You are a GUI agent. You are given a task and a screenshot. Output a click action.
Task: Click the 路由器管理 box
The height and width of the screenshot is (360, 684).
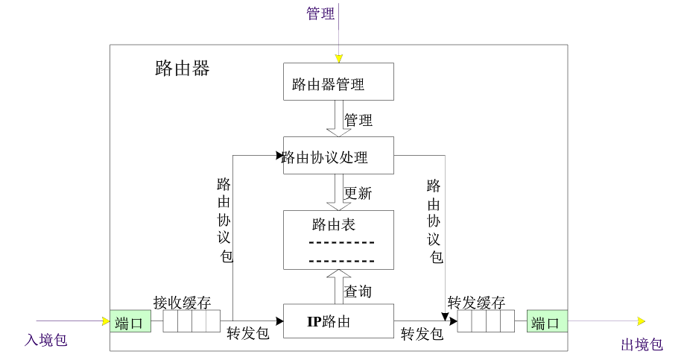pos(338,81)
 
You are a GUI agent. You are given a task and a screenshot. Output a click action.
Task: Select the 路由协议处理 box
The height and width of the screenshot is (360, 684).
pos(338,155)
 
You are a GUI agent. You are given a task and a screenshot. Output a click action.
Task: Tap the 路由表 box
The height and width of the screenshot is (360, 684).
pos(338,239)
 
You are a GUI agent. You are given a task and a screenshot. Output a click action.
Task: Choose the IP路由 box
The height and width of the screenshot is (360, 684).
pos(338,322)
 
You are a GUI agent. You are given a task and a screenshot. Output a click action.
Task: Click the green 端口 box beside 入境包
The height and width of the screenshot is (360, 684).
pos(130,322)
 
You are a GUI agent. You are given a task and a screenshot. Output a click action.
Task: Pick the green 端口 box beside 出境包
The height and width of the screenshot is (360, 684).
pos(548,322)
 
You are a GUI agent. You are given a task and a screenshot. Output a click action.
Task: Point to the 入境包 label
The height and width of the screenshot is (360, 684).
pos(46,340)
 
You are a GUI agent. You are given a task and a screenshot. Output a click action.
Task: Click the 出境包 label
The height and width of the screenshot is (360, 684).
pos(642,344)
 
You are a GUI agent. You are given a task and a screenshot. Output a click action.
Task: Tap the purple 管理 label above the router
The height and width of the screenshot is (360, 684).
pos(321,13)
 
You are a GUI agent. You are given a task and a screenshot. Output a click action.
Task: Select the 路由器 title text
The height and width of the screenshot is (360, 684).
pos(183,69)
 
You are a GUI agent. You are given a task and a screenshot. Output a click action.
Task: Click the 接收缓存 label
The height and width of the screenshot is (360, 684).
pos(183,303)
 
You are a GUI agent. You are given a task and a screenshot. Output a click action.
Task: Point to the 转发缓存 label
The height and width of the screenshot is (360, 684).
pos(477,303)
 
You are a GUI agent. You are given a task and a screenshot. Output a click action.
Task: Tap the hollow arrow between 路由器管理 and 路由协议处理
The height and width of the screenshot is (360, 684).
pos(338,119)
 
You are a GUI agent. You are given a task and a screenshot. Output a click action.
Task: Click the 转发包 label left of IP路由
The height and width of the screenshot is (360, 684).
pos(248,333)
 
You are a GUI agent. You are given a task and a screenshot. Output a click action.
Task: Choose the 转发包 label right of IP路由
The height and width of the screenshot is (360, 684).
pos(422,333)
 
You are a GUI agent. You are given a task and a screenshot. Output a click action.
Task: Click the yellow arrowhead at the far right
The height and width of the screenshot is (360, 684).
pos(640,321)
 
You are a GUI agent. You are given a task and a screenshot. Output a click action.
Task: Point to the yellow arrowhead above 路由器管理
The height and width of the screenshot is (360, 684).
pos(338,58)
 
